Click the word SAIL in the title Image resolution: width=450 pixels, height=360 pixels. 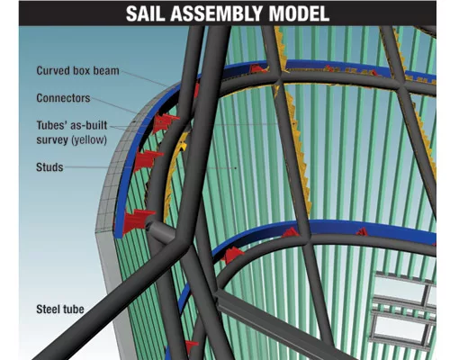tap(146, 13)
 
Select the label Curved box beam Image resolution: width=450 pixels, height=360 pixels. tap(77, 71)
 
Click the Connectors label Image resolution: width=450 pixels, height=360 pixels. tap(63, 98)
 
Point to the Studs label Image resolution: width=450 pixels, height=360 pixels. tap(49, 167)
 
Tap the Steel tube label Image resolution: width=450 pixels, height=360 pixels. tap(60, 310)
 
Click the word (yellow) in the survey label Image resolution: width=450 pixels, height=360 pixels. tap(89, 139)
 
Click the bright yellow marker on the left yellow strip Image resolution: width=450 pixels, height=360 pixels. tap(182, 147)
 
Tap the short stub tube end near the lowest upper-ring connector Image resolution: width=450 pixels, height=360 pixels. tap(148, 225)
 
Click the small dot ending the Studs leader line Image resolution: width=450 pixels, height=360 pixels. tap(236, 168)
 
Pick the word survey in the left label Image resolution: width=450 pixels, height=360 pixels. tap(52, 140)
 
